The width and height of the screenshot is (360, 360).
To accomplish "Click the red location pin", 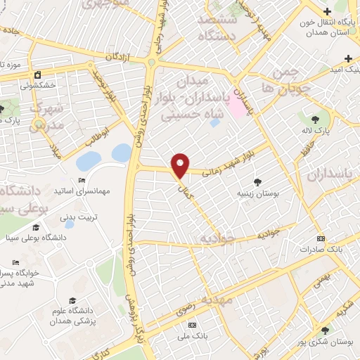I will [x=181, y=164].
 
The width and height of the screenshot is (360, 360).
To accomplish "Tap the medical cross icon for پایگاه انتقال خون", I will [x=328, y=11].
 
